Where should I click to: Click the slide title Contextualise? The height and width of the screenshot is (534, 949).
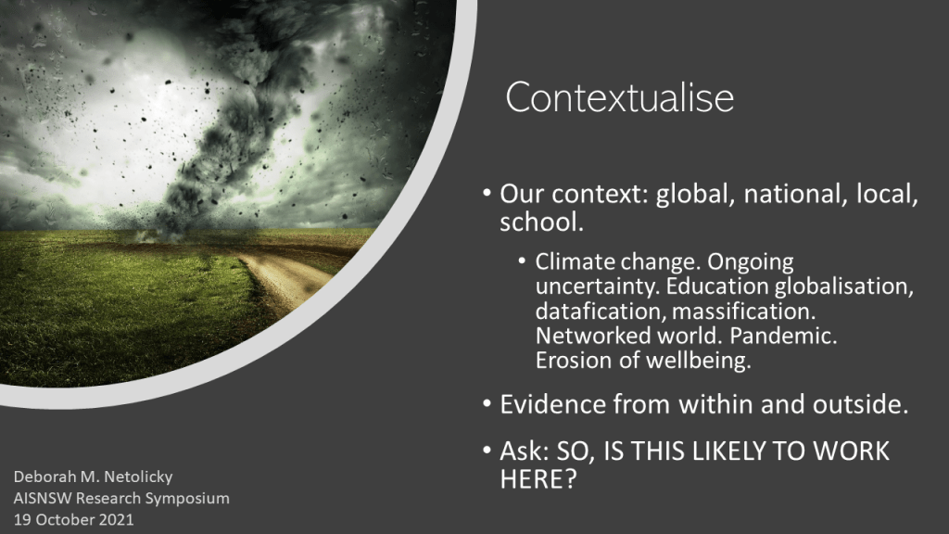[x=620, y=96]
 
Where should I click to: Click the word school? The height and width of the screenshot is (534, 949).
[x=541, y=222]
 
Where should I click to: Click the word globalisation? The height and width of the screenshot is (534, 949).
[x=843, y=286]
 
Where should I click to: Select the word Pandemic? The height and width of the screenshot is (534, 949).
[x=783, y=336]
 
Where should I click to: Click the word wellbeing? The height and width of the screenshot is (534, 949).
[x=699, y=361]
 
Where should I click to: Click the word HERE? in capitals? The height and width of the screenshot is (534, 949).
[x=538, y=479]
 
